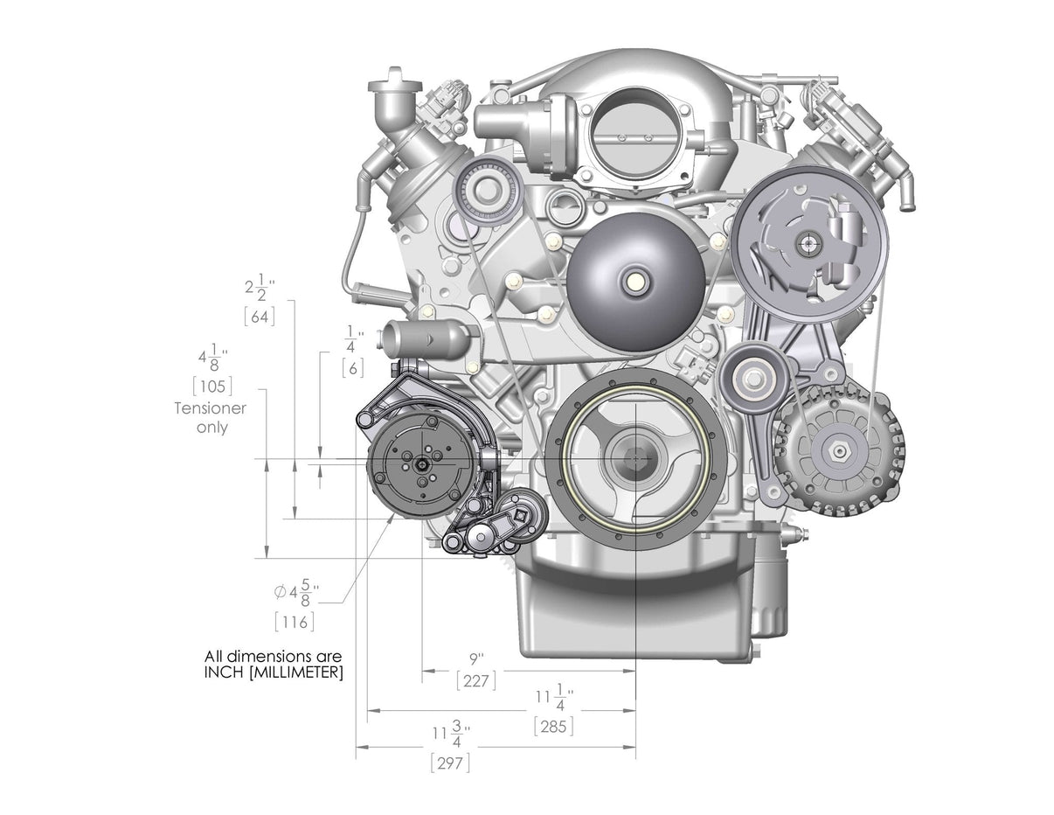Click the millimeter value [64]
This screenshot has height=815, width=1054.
[260, 317]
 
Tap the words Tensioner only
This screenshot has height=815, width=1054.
[211, 418]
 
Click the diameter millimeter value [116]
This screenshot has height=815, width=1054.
[295, 622]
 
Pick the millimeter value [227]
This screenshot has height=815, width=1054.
[476, 680]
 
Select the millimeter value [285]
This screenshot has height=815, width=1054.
[553, 726]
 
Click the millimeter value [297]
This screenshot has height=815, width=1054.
[451, 763]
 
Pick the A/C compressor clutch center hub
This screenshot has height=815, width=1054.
[423, 466]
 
